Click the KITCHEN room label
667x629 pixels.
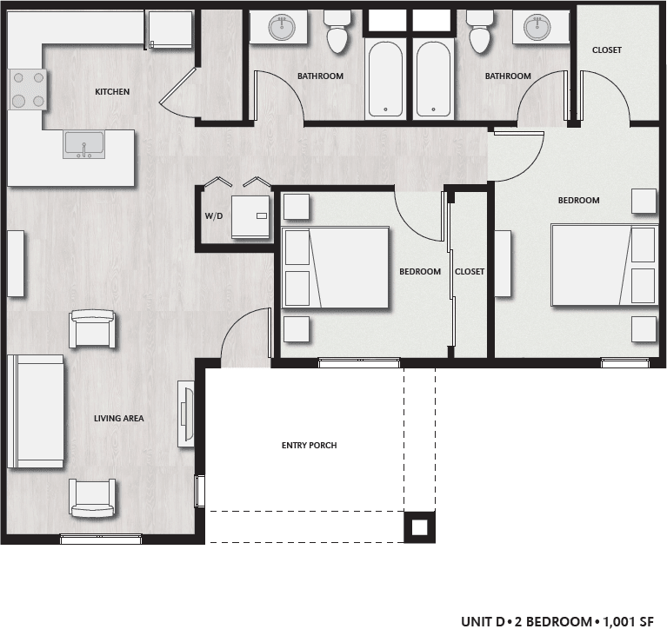pyautogui.click(x=112, y=91)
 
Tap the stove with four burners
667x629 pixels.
pyautogui.click(x=28, y=89)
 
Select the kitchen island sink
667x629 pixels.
pyautogui.click(x=83, y=144)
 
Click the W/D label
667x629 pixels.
pyautogui.click(x=214, y=215)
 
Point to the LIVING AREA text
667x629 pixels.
pyautogui.click(x=118, y=419)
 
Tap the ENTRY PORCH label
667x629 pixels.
pyautogui.click(x=309, y=446)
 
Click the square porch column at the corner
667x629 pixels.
pyautogui.click(x=419, y=526)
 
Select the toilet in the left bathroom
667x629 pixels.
pyautogui.click(x=336, y=34)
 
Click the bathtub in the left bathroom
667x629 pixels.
pyautogui.click(x=384, y=79)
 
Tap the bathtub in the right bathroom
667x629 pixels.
pyautogui.click(x=432, y=79)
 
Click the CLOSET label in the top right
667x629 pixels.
pyautogui.click(x=606, y=50)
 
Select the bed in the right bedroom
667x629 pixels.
pyautogui.click(x=604, y=266)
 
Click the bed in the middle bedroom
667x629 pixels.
pyautogui.click(x=336, y=267)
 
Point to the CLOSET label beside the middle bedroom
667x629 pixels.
pyautogui.click(x=470, y=272)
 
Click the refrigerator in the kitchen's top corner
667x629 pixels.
pyautogui.click(x=170, y=30)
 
